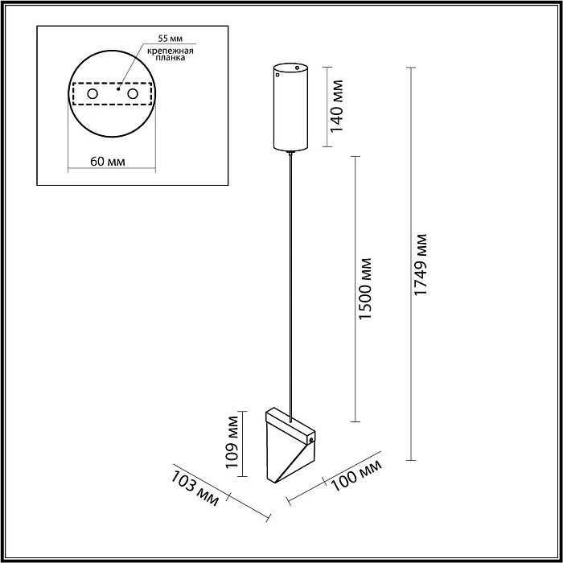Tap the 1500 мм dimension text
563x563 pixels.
click(367, 289)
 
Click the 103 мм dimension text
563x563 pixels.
click(195, 487)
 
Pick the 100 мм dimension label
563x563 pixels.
click(353, 475)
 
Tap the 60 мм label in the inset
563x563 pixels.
click(108, 162)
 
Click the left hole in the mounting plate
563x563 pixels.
click(93, 95)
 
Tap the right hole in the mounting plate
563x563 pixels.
click(132, 95)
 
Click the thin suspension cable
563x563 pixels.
click(290, 281)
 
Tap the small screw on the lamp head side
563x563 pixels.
click(310, 439)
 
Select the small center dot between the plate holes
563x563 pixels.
click(117, 90)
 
